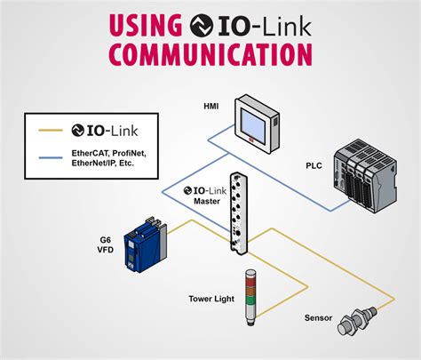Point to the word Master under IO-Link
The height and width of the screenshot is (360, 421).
pos(206,201)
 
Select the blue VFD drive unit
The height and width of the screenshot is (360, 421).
pos(146,244)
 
